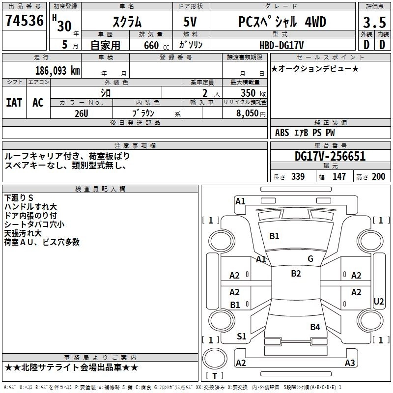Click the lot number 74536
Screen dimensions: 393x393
25,20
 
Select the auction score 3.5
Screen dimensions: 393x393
374,23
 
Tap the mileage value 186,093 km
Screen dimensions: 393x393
57,71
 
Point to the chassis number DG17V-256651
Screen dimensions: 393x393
330,156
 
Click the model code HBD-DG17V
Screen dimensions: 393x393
281,45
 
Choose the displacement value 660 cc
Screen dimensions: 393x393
156,45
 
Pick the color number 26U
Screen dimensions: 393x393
82,113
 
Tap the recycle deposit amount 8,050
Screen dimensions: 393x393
248,113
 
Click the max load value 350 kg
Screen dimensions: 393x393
253,93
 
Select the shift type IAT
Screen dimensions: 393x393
14,103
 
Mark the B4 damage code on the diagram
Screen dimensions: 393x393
315,327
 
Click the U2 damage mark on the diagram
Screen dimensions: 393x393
378,302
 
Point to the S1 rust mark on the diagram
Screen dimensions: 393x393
242,337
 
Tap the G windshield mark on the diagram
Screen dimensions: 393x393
310,259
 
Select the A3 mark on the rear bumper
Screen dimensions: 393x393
350,363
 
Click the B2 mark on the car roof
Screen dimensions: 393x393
296,274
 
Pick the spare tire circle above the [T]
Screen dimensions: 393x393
215,359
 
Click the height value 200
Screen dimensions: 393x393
378,176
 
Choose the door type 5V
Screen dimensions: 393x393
190,22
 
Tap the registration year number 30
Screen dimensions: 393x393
64,26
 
